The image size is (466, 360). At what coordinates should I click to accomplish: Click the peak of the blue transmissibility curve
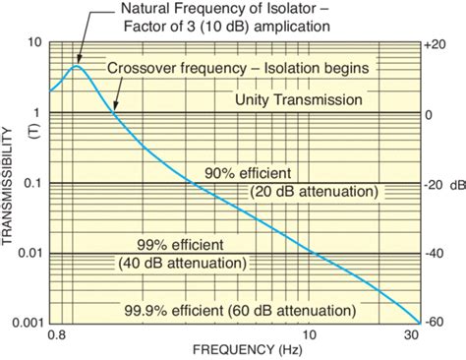point(77,67)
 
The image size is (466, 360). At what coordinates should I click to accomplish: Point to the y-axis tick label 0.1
point(30,184)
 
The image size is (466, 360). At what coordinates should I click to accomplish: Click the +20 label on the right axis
point(436,44)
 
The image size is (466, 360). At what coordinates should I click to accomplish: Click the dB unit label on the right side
point(457,184)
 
